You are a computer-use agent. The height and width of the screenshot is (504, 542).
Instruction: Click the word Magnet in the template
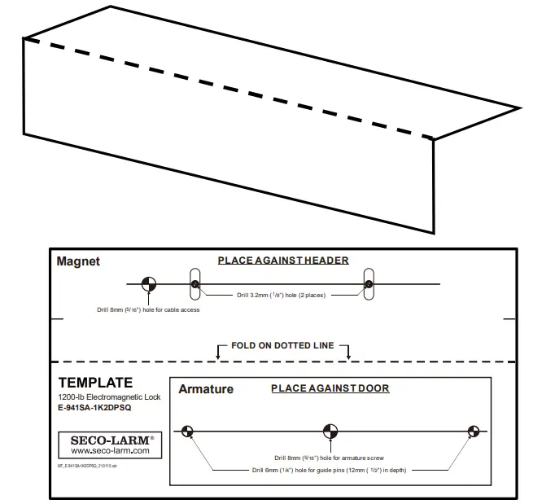(x=78, y=261)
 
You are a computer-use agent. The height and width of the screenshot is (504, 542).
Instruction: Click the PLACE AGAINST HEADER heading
(x=282, y=261)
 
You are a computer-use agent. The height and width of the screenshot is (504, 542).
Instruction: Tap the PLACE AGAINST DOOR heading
(x=330, y=388)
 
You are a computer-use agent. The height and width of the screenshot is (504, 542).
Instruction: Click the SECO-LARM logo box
(x=110, y=445)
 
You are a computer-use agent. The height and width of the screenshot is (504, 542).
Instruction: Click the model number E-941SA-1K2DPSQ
(x=95, y=408)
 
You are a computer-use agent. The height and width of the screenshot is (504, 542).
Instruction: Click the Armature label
(x=205, y=389)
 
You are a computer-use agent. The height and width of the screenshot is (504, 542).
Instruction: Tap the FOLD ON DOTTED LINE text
(x=282, y=345)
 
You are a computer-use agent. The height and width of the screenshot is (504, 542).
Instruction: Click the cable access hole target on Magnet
(x=147, y=284)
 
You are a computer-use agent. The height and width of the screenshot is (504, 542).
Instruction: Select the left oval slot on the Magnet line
(x=195, y=284)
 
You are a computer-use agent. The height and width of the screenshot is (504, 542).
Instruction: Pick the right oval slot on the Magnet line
(x=369, y=284)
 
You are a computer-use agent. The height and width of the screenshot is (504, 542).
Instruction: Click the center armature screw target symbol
(x=330, y=431)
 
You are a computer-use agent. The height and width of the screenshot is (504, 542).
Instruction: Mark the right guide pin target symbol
(x=472, y=431)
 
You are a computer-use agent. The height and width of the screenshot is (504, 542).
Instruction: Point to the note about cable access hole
(x=147, y=310)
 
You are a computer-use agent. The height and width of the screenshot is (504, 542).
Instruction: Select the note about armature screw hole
(x=330, y=458)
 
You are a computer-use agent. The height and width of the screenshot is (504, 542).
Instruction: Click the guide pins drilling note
(x=330, y=470)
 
